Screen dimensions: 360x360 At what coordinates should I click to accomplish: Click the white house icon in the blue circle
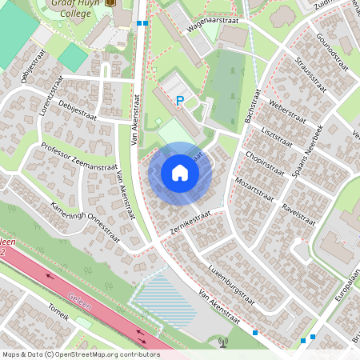coord(180,173)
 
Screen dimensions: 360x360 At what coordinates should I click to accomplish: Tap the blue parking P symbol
coord(180,101)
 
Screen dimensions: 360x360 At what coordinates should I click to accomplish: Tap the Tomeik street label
coord(59,311)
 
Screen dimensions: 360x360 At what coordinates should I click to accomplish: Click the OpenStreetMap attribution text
coord(80,354)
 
